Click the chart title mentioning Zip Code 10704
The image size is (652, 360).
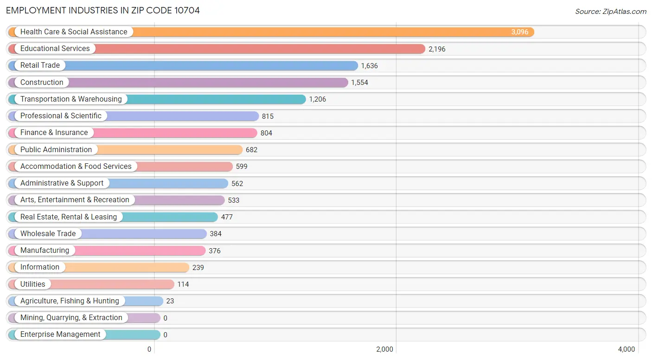103,10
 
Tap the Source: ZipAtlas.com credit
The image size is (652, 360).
610,11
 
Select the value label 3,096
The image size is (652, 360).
519,32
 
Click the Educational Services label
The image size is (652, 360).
55,49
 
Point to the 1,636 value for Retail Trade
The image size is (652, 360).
369,66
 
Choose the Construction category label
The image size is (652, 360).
42,83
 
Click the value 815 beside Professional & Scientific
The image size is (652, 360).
268,116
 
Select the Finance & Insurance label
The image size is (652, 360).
54,133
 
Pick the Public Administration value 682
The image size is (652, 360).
251,150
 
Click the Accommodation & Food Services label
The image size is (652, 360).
76,167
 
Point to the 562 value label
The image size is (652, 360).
237,184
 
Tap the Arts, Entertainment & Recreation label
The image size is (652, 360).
75,200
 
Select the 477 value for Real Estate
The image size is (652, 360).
227,217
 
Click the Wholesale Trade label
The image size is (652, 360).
48,234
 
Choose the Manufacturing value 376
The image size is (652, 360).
215,251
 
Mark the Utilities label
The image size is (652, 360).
33,284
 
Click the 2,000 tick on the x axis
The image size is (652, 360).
384,349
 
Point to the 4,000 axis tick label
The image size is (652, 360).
626,349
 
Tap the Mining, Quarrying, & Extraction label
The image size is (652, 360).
71,318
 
